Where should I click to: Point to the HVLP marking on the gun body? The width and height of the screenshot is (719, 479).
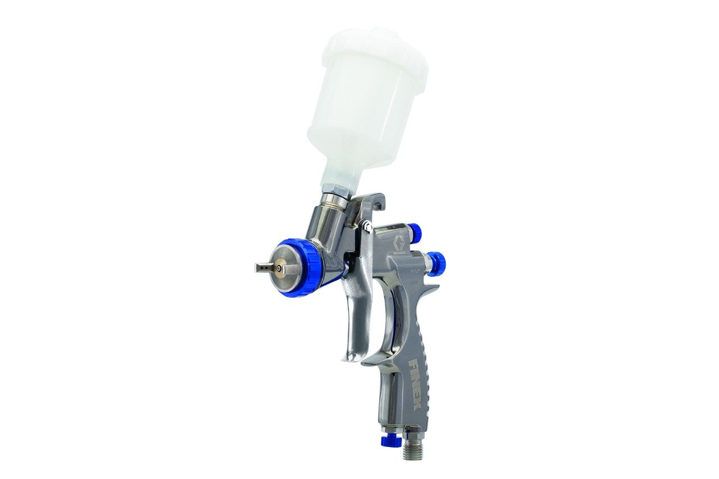coord(416,271)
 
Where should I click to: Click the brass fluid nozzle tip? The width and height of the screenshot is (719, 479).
coord(279,268)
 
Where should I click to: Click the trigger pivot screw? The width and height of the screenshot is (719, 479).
coord(366,226)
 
